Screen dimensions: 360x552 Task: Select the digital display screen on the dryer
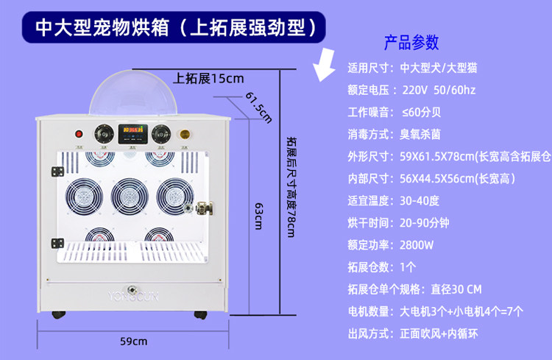click(x=132, y=134)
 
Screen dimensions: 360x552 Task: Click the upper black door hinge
click(x=56, y=172)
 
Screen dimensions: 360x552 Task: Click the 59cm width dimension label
click(x=133, y=341)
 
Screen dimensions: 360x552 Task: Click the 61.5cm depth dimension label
click(x=258, y=107)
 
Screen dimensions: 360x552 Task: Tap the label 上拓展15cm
click(x=209, y=78)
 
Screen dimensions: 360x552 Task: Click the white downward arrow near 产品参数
click(x=325, y=63)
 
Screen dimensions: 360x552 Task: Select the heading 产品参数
click(x=411, y=41)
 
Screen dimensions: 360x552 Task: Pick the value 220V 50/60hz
click(x=440, y=91)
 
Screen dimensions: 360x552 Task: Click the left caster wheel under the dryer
click(x=57, y=315)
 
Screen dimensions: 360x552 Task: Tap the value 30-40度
click(x=420, y=200)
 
